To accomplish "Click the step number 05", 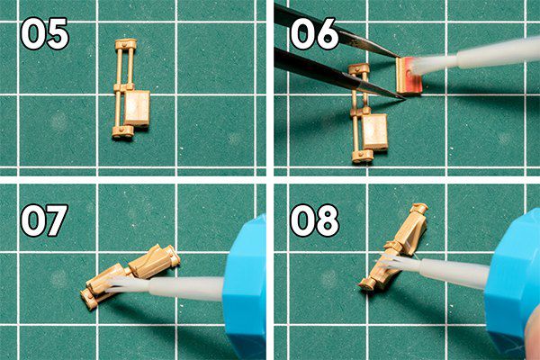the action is [45, 34].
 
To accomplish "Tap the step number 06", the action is [315, 34].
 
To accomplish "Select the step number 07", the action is [44, 220].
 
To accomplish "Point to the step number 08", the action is [315, 220].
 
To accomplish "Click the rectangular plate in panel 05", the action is [137, 109].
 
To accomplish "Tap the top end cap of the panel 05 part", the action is [126, 44].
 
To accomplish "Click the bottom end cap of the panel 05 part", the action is [123, 132].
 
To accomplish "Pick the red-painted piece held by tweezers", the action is [409, 76].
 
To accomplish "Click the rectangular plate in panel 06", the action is [375, 132].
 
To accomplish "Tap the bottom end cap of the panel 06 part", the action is [363, 157].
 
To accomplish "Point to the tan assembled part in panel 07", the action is [130, 276].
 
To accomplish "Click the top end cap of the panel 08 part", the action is [419, 208].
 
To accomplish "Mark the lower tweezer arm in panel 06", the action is [339, 74].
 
